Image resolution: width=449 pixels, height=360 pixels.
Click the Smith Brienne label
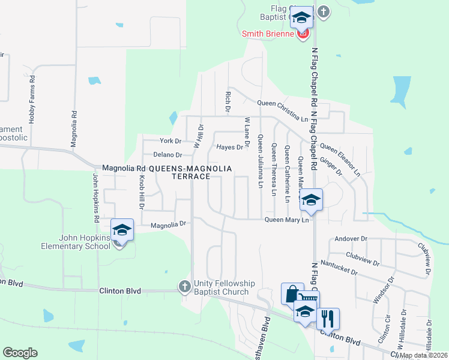268,34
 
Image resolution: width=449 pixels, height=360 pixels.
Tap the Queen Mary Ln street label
287,220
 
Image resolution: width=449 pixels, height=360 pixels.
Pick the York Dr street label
170,141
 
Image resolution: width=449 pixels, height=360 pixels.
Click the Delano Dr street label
166,154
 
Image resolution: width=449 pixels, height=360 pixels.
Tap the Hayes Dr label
230,146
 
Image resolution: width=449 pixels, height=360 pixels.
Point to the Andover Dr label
351,238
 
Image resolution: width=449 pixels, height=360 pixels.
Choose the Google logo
20,353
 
